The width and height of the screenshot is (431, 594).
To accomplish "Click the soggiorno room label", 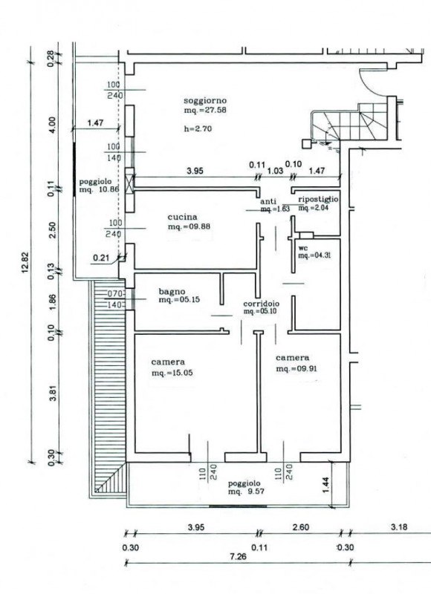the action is pyautogui.click(x=205, y=101).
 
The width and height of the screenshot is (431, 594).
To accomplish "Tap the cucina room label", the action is pyautogui.click(x=182, y=217).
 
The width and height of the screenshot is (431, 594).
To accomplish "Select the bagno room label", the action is pyautogui.click(x=172, y=291).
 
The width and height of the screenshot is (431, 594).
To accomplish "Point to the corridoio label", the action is pyautogui.click(x=261, y=304).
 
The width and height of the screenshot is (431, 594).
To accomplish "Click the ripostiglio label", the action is pyautogui.click(x=318, y=199).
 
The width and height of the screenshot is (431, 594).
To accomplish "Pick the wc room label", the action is pyautogui.click(x=303, y=249).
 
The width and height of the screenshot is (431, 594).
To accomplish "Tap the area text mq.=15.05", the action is pyautogui.click(x=172, y=373).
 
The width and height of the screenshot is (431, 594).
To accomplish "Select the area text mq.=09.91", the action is pyautogui.click(x=296, y=368).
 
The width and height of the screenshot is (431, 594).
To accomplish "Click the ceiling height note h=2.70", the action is pyautogui.click(x=198, y=128).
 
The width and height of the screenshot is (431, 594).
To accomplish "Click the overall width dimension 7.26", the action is pyautogui.click(x=238, y=556).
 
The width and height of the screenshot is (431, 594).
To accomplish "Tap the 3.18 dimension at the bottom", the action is pyautogui.click(x=398, y=527).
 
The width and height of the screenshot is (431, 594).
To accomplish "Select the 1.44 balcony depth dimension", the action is pyautogui.click(x=327, y=485).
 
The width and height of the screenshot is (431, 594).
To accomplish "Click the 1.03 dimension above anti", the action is pyautogui.click(x=275, y=171).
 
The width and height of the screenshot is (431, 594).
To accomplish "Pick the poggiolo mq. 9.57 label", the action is pyautogui.click(x=244, y=488).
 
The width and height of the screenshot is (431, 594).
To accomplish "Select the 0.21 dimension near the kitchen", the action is pyautogui.click(x=101, y=258).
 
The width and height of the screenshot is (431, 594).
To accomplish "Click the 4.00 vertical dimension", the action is pyautogui.click(x=52, y=124).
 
